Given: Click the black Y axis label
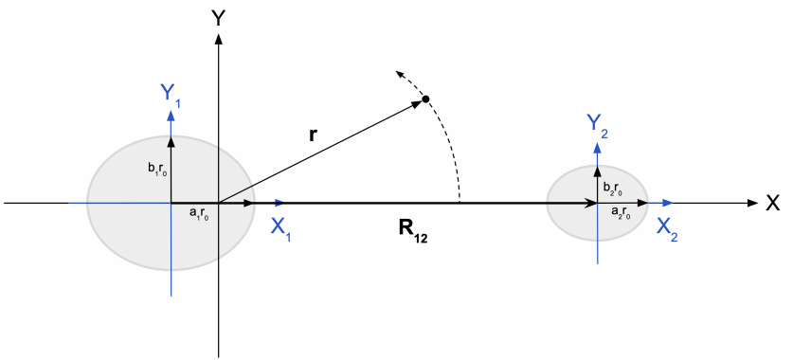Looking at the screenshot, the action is pyautogui.click(x=219, y=17).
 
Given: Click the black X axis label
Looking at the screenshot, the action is pyautogui.click(x=772, y=203).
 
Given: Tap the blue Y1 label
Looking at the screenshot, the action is pyautogui.click(x=169, y=93).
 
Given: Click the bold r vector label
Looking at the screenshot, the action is pyautogui.click(x=313, y=135).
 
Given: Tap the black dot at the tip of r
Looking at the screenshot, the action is pyautogui.click(x=426, y=99).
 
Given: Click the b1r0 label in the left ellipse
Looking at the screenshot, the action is pyautogui.click(x=157, y=171).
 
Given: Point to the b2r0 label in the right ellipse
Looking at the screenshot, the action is pyautogui.click(x=612, y=188).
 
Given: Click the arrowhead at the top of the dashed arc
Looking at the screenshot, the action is pyautogui.click(x=399, y=73).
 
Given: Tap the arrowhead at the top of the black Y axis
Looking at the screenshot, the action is pyautogui.click(x=219, y=39).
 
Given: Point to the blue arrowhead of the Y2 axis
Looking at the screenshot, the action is pyautogui.click(x=598, y=144).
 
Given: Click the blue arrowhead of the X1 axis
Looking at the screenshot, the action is pyautogui.click(x=279, y=203).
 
